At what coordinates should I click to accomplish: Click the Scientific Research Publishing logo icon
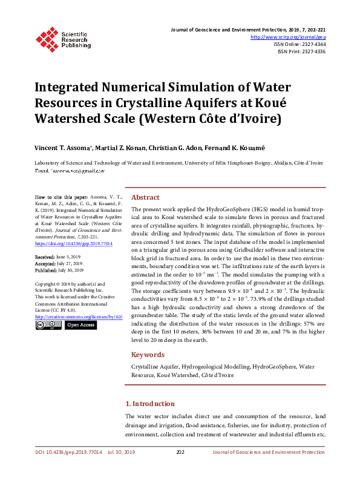coord(46,38)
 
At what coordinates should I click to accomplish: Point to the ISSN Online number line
coord(299,44)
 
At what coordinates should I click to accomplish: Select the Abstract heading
coord(145,197)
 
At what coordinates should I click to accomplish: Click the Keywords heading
coord(148,355)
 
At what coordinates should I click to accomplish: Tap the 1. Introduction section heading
coord(149,404)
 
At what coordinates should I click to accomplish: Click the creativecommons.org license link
coord(79,317)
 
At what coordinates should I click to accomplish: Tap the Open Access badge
coord(80,325)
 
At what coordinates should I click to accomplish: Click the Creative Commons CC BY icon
coord(47,325)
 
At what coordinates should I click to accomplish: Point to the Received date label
coord(45,257)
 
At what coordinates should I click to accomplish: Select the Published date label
coord(46,270)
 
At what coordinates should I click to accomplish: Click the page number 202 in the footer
coord(180,452)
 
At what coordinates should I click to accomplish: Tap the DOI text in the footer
coord(67,452)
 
